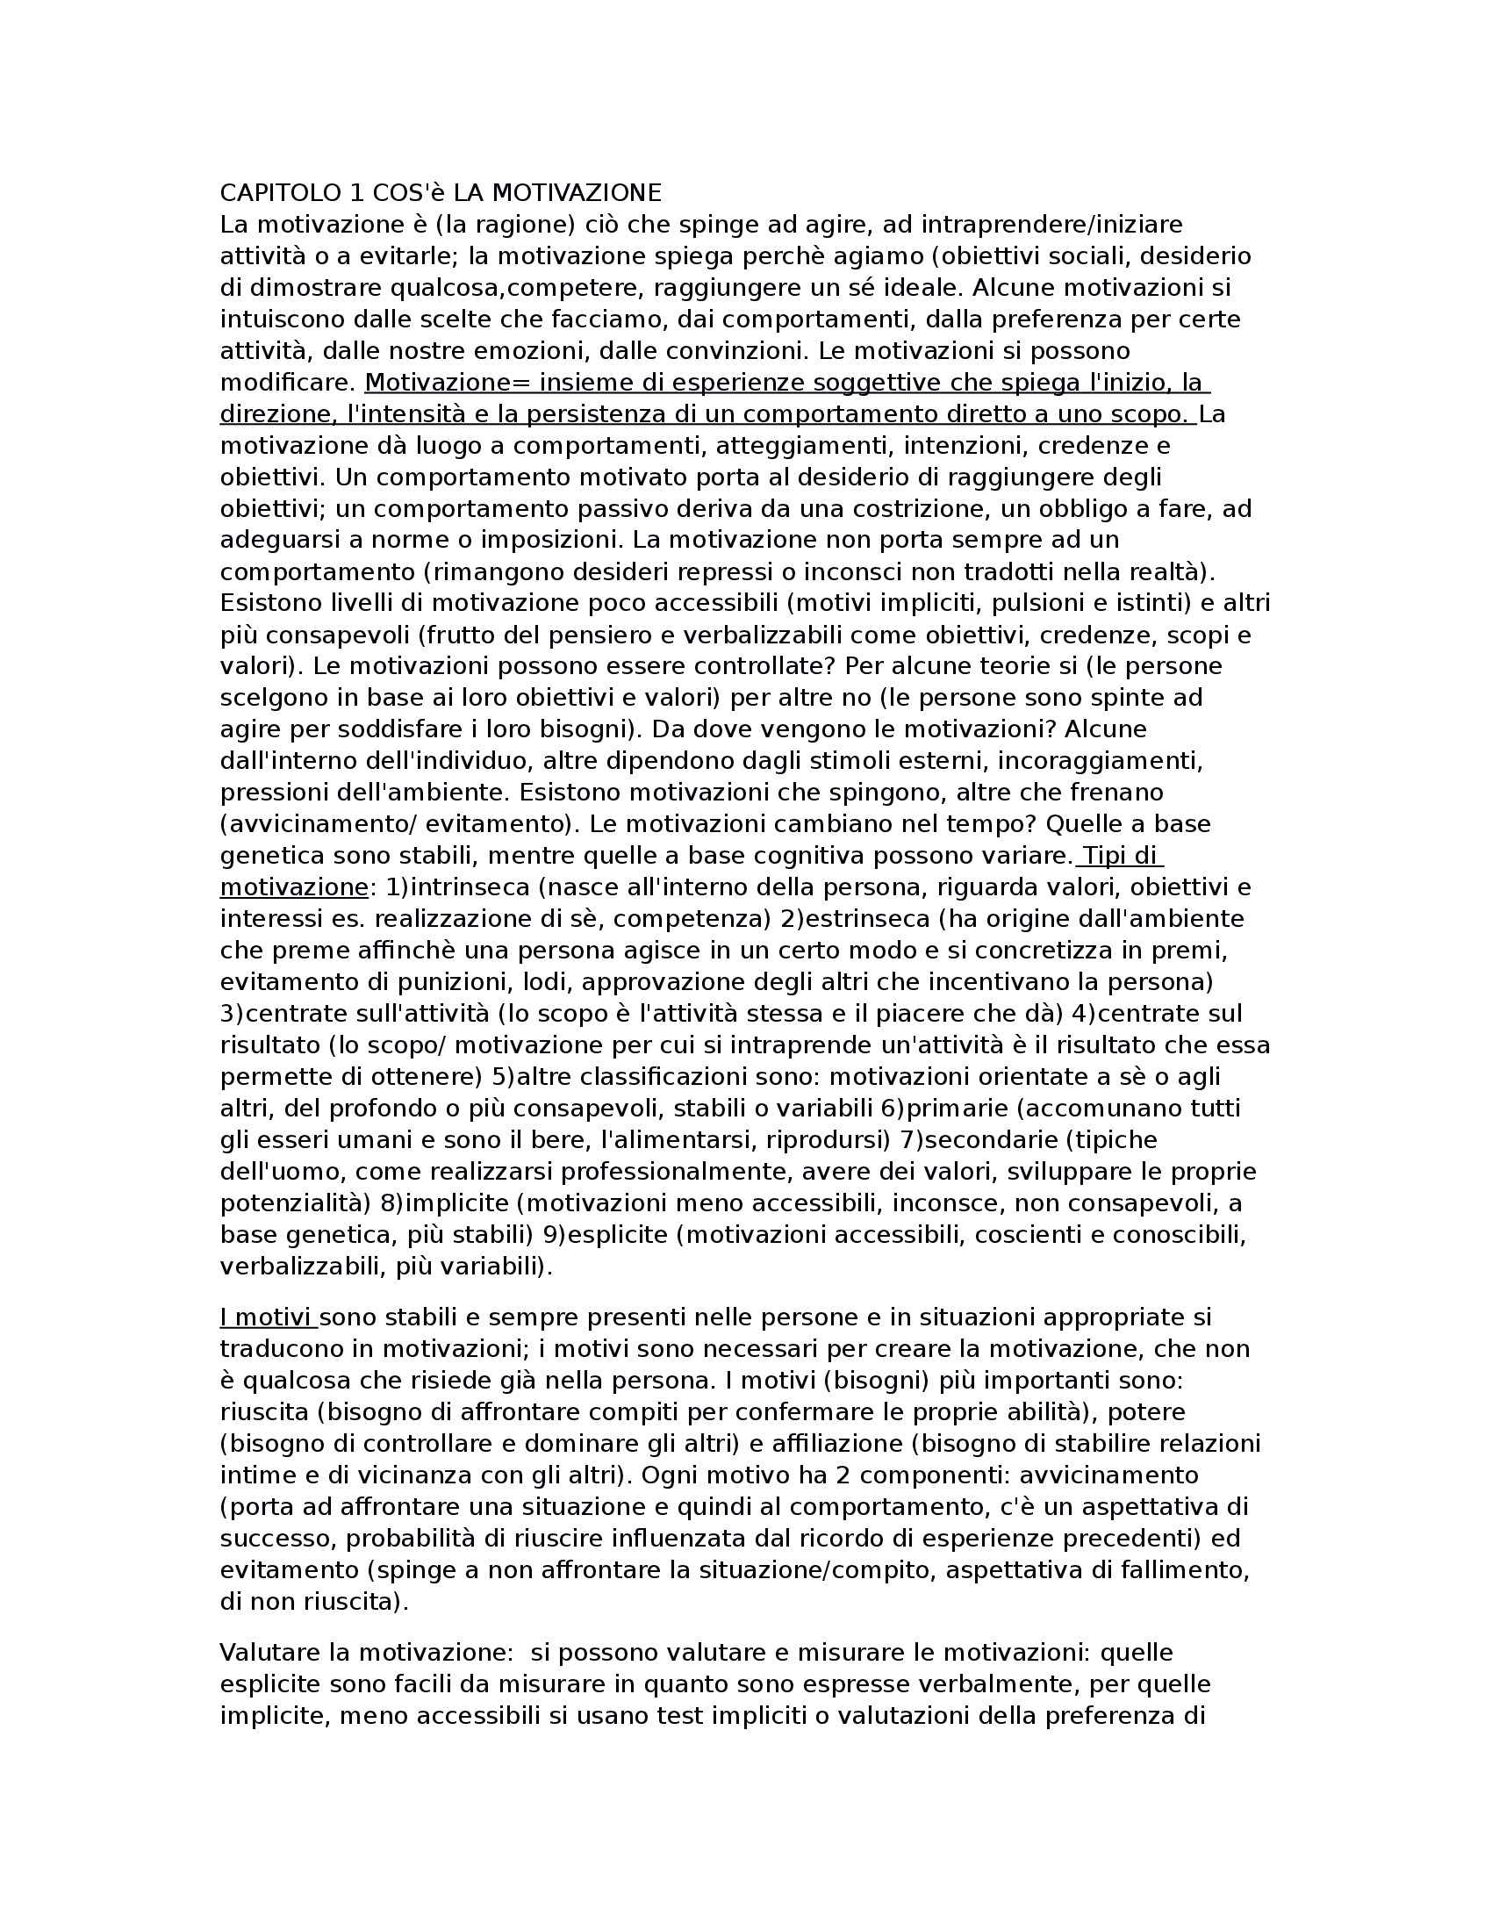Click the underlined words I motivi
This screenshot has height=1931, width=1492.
coord(267,1318)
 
